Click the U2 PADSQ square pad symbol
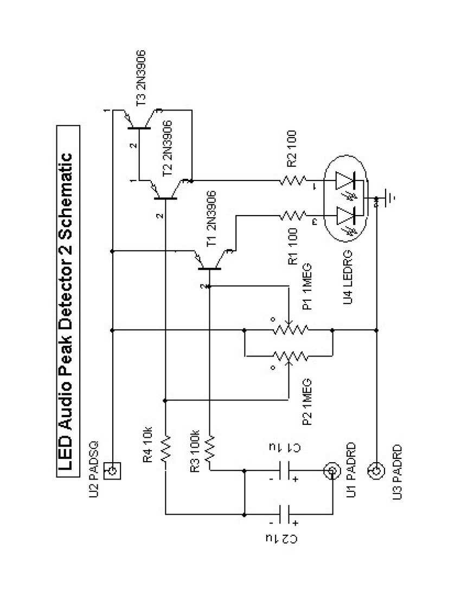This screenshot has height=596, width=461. pyautogui.click(x=112, y=469)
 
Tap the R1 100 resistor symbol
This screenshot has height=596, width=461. pyautogui.click(x=293, y=217)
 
